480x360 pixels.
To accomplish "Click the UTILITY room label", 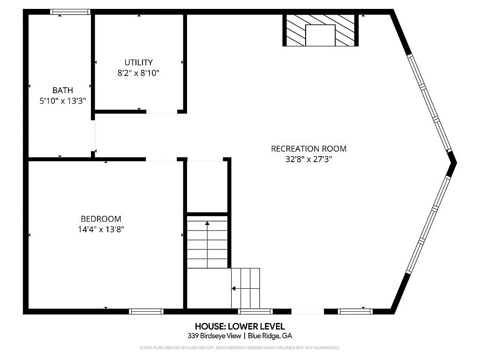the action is (x=138, y=62).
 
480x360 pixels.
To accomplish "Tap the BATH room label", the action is (x=63, y=90).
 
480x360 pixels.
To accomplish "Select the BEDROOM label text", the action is (x=101, y=219).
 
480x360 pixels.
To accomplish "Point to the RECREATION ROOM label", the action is (x=308, y=149).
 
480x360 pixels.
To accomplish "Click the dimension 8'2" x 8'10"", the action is (x=138, y=73).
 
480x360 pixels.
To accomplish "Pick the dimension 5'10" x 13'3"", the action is (x=63, y=101).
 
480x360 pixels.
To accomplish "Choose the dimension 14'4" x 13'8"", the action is (x=101, y=229).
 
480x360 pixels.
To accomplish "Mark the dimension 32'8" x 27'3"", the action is (x=308, y=159).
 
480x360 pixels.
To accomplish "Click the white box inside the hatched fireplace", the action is (x=320, y=36).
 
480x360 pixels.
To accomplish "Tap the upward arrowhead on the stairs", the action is (x=207, y=223).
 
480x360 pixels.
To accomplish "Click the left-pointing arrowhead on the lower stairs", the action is (x=233, y=288).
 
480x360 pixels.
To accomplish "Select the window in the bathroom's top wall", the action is (x=70, y=12).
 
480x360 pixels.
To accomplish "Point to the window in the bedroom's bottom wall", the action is (x=146, y=311).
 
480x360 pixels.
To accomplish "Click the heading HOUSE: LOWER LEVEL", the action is (x=240, y=326).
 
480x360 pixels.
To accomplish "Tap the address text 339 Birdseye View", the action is (x=214, y=336).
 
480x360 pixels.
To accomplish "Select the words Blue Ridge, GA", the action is (x=270, y=336).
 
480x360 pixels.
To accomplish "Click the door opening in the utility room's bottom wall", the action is (x=162, y=112).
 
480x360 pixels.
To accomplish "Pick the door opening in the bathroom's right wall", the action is (x=93, y=135).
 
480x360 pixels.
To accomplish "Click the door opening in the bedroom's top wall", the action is (x=161, y=159).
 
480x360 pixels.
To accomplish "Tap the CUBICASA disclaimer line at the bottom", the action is (x=240, y=348).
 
